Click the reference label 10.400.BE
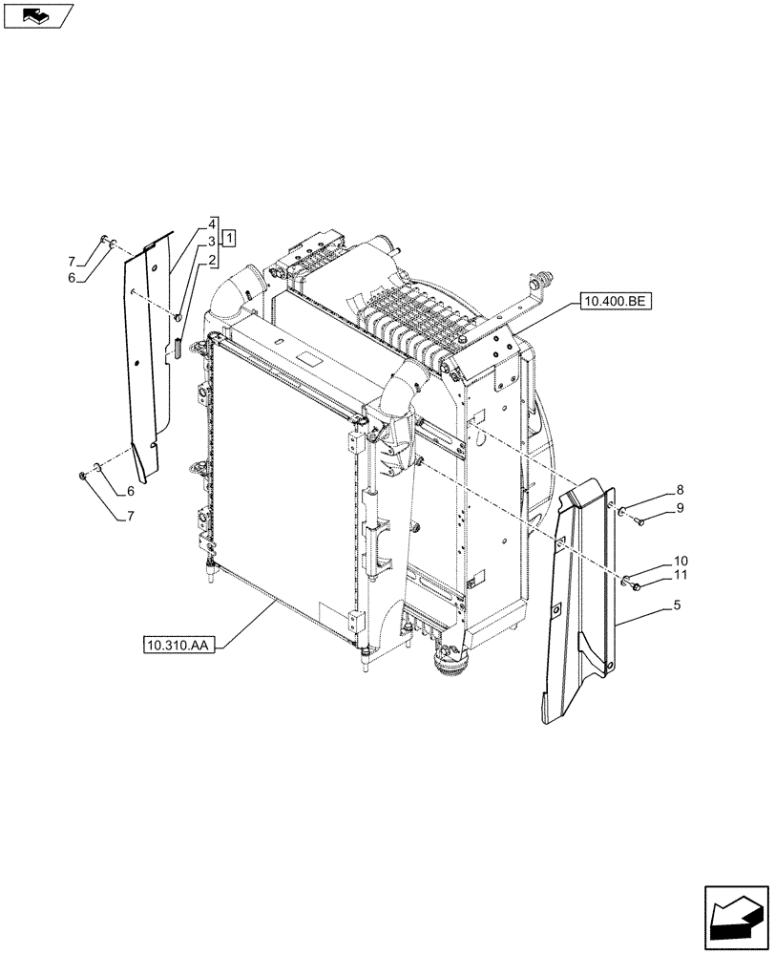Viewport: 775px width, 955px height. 614,303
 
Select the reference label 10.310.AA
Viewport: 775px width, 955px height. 178,647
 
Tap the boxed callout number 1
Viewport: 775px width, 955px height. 231,236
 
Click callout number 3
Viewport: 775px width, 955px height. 211,244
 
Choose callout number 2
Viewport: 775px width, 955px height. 211,259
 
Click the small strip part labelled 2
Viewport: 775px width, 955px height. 177,346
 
